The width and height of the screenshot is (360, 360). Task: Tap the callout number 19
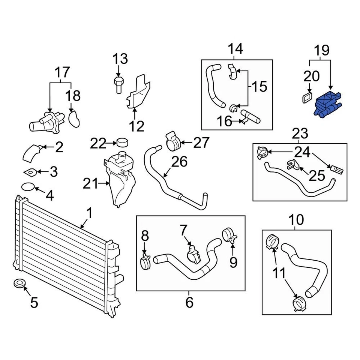pyautogui.click(x=321, y=50)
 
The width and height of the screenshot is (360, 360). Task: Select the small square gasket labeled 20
pyautogui.click(x=306, y=98)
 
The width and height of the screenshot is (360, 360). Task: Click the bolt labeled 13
pyautogui.click(x=118, y=84)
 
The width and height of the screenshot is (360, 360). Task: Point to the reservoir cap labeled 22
pyautogui.click(x=123, y=142)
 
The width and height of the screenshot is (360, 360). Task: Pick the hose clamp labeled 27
pyautogui.click(x=173, y=142)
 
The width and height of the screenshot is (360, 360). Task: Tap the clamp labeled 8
pyautogui.click(x=146, y=260)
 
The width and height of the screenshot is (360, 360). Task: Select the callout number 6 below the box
pyautogui.click(x=189, y=302)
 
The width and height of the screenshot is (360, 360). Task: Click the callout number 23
pyautogui.click(x=300, y=133)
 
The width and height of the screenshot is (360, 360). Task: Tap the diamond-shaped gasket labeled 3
pyautogui.click(x=30, y=172)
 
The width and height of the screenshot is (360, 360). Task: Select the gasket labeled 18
pyautogui.click(x=75, y=118)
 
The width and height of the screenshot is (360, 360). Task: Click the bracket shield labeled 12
pyautogui.click(x=138, y=94)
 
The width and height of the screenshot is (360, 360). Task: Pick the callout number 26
pyautogui.click(x=179, y=162)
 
